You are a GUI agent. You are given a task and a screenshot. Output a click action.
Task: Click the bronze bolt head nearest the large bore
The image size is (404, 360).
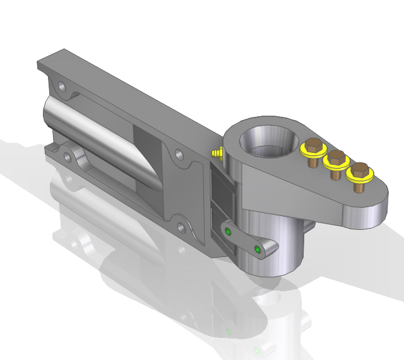[313, 143]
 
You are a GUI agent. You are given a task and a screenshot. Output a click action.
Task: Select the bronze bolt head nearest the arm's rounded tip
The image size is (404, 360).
[360, 169]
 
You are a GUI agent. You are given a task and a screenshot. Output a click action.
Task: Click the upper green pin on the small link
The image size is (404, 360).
[227, 232]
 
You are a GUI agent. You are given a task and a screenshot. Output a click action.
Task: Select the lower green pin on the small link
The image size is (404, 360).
[257, 249]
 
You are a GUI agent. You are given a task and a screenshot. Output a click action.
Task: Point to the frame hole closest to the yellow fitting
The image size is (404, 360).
[180, 153]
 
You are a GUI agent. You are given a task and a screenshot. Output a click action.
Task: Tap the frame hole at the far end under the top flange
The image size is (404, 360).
[61, 84]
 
